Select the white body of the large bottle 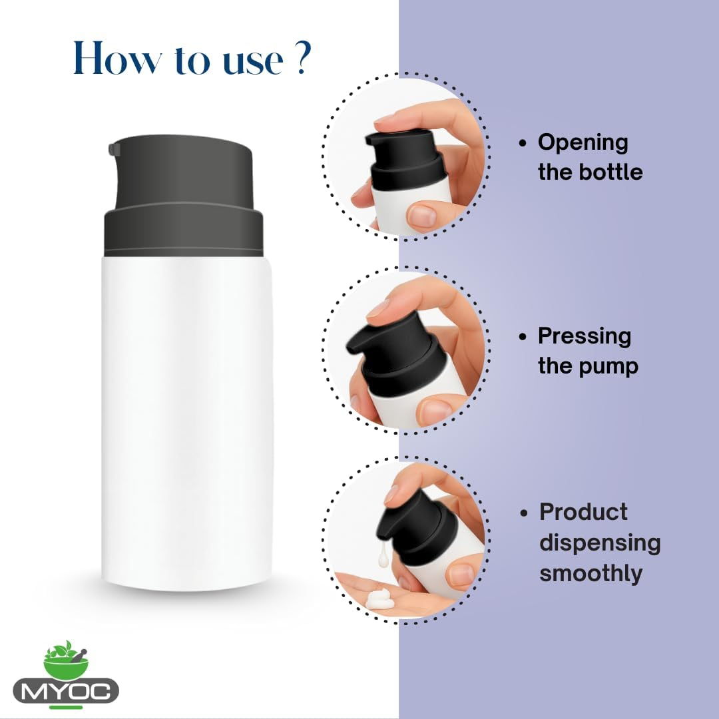(x=186, y=419)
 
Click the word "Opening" (x=583, y=142)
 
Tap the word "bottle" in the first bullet (x=608, y=172)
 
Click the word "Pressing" (x=584, y=336)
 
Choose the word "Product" (x=583, y=512)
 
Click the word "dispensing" (x=599, y=543)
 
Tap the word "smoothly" (x=591, y=573)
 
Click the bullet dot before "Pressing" (x=523, y=337)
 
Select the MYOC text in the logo (x=66, y=690)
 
